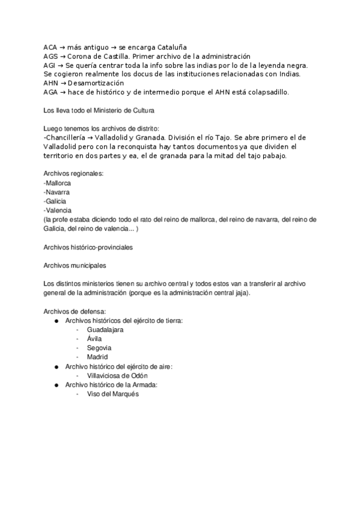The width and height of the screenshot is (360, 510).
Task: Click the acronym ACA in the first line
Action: coord(50,47)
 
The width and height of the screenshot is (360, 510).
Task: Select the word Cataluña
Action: coord(172,47)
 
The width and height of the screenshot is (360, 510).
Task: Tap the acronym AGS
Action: coord(50,56)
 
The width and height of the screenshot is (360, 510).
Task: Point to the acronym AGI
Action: coord(50,65)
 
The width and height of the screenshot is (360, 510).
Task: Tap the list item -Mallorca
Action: coord(58,183)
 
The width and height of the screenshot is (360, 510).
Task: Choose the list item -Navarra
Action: coord(57,192)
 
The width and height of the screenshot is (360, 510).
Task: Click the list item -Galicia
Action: coord(55,201)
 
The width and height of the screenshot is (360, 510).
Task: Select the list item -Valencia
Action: coord(58,210)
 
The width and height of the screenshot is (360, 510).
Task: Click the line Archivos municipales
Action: coord(76,265)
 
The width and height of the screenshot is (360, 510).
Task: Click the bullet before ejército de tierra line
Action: coord(56,321)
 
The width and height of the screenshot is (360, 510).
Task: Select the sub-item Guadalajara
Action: coord(105,330)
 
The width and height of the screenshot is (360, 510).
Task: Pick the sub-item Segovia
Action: coord(99,348)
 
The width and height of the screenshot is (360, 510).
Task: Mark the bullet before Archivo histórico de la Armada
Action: coord(56,384)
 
